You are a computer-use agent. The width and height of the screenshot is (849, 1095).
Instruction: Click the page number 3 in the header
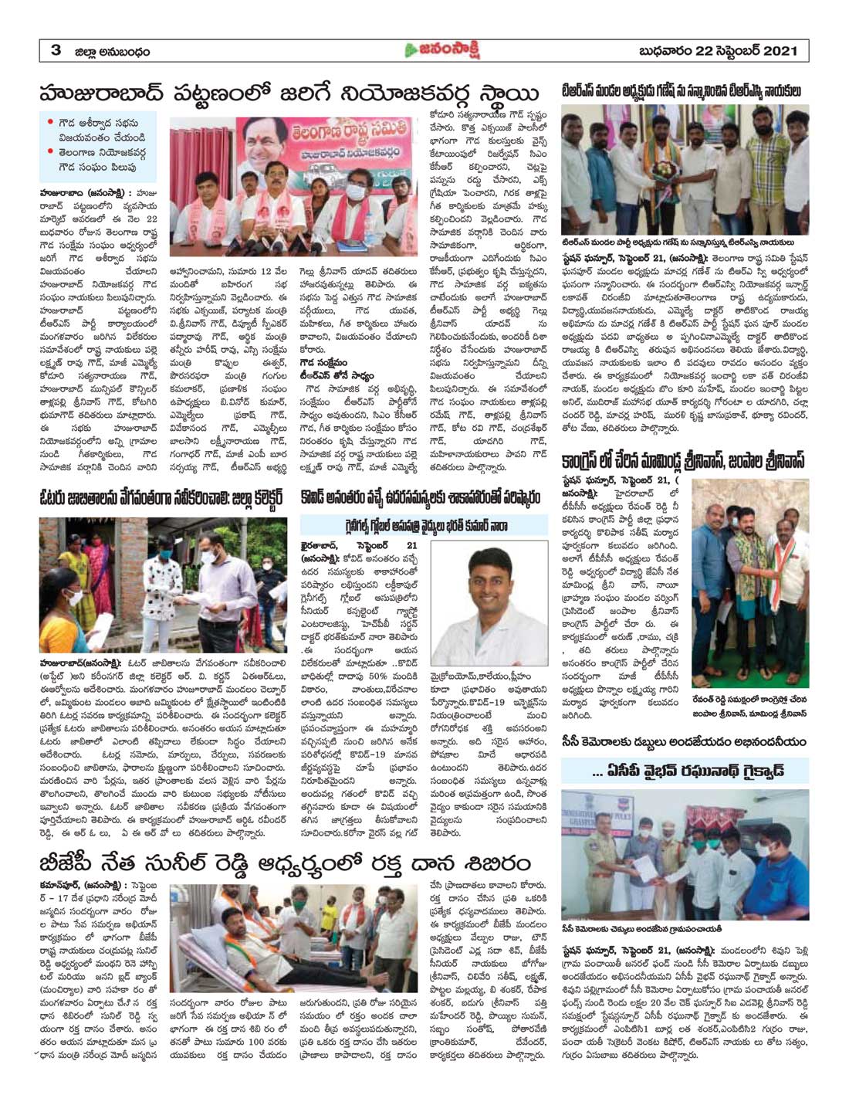click(56, 51)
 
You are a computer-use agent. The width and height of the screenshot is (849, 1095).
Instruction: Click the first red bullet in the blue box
click(50, 122)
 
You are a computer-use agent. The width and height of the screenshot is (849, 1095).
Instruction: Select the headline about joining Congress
click(684, 462)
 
